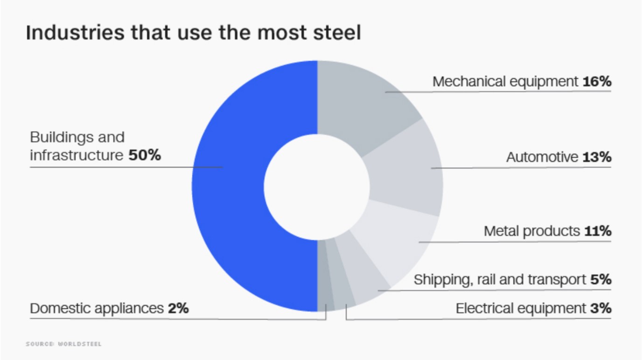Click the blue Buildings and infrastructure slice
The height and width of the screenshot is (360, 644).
229,187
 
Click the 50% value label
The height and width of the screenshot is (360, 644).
145,155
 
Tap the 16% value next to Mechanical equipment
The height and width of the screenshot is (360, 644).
597,82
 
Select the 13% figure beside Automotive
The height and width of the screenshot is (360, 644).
597,157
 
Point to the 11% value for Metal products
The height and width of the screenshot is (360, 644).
597,231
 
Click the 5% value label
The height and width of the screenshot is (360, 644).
601,280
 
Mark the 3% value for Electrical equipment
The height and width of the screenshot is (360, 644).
601,309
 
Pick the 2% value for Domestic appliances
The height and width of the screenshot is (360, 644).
178,309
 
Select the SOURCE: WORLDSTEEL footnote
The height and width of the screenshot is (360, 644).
63,344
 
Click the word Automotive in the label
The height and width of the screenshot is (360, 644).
542,158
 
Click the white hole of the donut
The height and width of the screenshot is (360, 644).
317,187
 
